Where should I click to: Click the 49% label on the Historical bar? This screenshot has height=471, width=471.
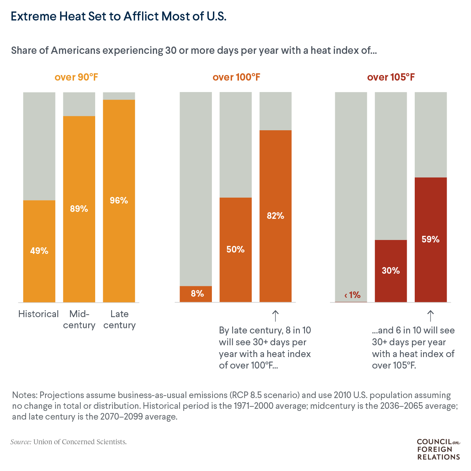pos(39,251)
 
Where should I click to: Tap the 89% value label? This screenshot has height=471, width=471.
pos(79,209)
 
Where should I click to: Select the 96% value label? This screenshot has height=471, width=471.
pos(119,200)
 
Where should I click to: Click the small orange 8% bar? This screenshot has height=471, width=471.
pos(196,294)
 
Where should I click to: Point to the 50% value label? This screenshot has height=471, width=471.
pos(235,249)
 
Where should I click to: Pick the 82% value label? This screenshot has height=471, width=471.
pos(275,216)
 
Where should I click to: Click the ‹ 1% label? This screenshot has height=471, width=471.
pos(352,295)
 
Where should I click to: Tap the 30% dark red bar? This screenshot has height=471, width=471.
pos(391,271)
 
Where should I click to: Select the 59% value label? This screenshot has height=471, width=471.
pos(430,239)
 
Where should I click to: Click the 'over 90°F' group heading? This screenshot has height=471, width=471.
pos(76,77)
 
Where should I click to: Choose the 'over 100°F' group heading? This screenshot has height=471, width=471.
pos(236,77)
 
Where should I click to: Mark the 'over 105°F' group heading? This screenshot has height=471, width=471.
pos(391,77)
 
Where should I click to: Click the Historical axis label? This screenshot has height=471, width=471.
pos(39,314)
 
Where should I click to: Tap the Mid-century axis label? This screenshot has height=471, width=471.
pos(79,320)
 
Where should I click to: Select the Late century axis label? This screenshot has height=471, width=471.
pos(119,320)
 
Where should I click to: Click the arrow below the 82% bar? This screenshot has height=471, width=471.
pos(275,316)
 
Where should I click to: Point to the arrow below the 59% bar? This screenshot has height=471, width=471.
pos(430,316)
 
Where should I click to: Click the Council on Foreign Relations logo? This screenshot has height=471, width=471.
pos(438,449)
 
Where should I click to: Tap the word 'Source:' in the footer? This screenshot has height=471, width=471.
pos(21,442)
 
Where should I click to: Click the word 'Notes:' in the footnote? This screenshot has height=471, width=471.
pos(25,395)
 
